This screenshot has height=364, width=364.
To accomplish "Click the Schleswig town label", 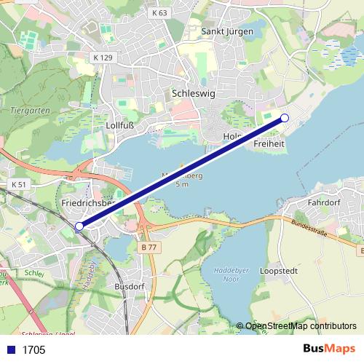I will [194, 93].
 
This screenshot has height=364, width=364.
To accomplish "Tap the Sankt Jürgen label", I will [227, 31].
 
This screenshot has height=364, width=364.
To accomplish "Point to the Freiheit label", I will [269, 144].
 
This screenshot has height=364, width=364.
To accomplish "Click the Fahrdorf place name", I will [325, 202].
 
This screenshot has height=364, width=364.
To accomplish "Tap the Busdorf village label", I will [130, 287].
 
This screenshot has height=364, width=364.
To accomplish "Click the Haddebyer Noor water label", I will [232, 275].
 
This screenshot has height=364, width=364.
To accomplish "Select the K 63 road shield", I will [159, 13].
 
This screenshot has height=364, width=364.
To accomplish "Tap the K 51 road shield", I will [19, 185].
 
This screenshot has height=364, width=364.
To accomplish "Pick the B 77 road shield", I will [148, 248].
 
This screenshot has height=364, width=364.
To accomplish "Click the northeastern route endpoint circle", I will [285, 118].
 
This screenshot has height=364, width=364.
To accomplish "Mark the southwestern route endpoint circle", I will [79, 226].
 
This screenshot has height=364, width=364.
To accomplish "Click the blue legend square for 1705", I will [9, 350].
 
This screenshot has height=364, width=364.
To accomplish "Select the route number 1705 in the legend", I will [33, 350].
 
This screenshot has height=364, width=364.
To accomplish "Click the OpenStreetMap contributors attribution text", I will [300, 326].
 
